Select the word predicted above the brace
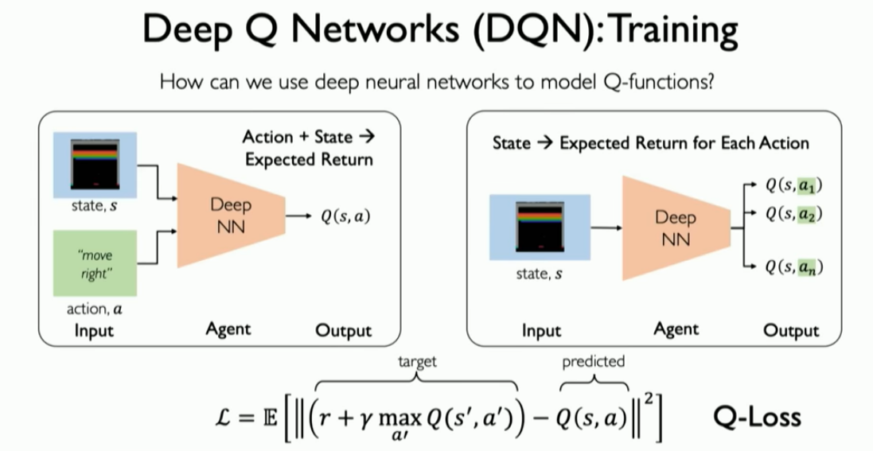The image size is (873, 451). [x=593, y=361]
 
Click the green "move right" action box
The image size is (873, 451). [x=95, y=262]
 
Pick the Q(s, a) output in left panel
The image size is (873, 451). [x=346, y=215]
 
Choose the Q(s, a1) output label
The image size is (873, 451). [x=793, y=185]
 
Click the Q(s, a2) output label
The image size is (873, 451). [x=793, y=214]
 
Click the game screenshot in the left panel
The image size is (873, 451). [x=95, y=165]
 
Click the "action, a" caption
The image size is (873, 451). [x=95, y=309]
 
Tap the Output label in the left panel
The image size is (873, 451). [x=344, y=329]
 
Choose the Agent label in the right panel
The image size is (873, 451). [x=676, y=329]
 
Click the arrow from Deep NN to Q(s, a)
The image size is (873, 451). [x=301, y=215]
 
